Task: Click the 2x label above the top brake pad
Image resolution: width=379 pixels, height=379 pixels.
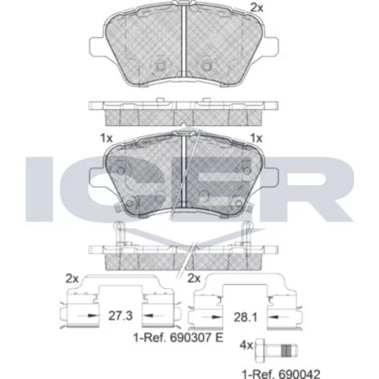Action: click(257, 8)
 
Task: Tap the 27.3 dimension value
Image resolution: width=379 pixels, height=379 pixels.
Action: click(121, 316)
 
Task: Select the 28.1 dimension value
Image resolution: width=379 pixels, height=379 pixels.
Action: click(246, 317)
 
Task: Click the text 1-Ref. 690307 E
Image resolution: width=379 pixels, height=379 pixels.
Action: click(178, 338)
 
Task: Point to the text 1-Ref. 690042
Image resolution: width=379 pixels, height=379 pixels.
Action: click(281, 374)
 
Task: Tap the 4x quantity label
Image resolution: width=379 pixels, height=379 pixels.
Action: click(246, 345)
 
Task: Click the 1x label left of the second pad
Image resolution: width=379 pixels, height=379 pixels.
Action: click(106, 138)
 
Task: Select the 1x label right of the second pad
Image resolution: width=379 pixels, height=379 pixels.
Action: click(256, 138)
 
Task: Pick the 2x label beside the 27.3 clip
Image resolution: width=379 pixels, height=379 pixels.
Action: click(72, 279)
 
